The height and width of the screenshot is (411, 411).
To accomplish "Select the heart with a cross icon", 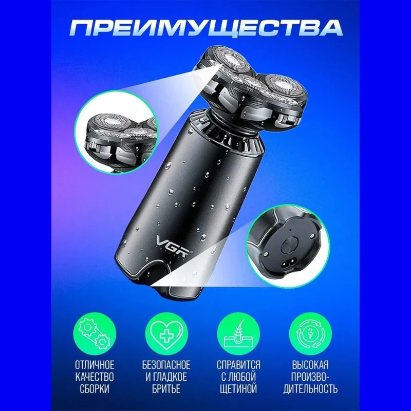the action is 166,334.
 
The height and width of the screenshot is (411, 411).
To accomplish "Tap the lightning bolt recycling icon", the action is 310,334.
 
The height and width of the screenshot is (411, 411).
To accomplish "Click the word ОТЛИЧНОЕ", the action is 95,365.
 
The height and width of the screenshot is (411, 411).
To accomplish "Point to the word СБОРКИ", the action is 95,389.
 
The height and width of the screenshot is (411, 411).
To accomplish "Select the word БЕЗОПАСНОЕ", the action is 166,365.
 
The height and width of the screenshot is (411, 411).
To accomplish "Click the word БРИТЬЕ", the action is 166,389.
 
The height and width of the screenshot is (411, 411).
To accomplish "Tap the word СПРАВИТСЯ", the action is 238,365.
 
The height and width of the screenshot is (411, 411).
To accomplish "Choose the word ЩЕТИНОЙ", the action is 239,389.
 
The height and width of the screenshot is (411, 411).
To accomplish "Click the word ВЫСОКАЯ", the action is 310,365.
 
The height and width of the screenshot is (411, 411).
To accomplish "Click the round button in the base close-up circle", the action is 288,245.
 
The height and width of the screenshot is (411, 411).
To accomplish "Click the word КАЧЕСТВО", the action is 95,377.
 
